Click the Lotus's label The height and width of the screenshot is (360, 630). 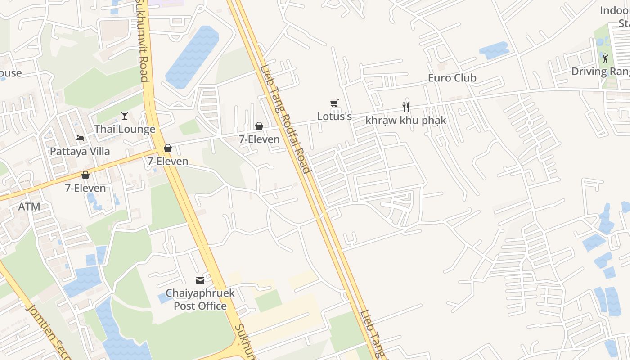(334, 116)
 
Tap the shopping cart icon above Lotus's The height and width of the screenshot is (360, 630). (334, 103)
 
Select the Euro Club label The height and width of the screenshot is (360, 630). (452, 78)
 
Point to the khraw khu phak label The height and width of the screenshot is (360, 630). (405, 120)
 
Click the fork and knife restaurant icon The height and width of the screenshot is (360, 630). (405, 107)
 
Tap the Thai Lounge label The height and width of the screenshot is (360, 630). (125, 129)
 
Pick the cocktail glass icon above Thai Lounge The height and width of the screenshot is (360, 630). (125, 116)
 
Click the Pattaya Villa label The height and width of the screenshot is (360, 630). (80, 151)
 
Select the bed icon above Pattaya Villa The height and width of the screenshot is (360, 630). (80, 138)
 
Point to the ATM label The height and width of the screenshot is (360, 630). (29, 207)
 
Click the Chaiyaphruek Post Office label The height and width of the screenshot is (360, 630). (200, 299)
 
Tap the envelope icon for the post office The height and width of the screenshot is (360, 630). (200, 280)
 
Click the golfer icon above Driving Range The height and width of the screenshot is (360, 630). (605, 58)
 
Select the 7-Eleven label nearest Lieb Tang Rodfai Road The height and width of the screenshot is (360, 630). (259, 139)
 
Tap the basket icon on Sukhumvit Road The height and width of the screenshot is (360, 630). (168, 148)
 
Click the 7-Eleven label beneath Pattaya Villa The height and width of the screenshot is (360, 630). (85, 188)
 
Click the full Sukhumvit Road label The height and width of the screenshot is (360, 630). (142, 40)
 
